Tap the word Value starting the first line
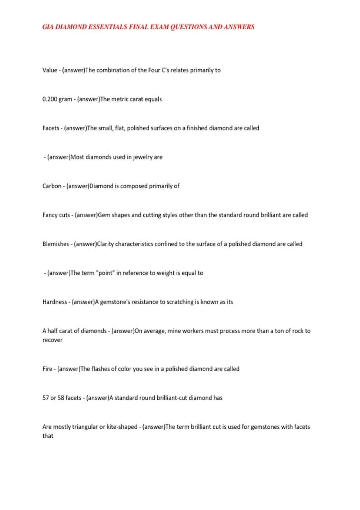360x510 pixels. (50, 70)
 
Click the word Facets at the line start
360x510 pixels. (51, 128)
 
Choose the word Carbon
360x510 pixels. (52, 186)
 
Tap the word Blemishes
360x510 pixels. (56, 244)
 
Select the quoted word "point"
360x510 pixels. (105, 273)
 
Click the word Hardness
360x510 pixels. (55, 302)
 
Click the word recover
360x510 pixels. (52, 340)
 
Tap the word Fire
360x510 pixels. (47, 369)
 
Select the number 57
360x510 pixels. (46, 398)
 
